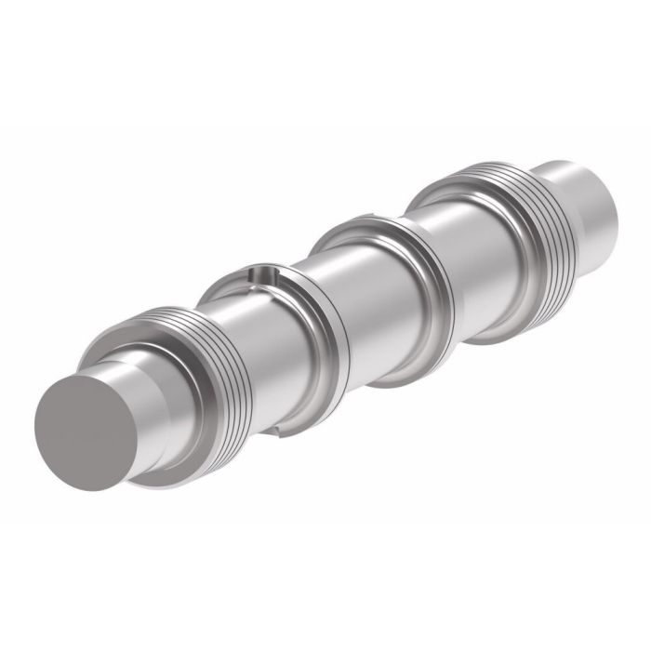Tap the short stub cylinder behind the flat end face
[139, 391]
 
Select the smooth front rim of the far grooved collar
[446, 186]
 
